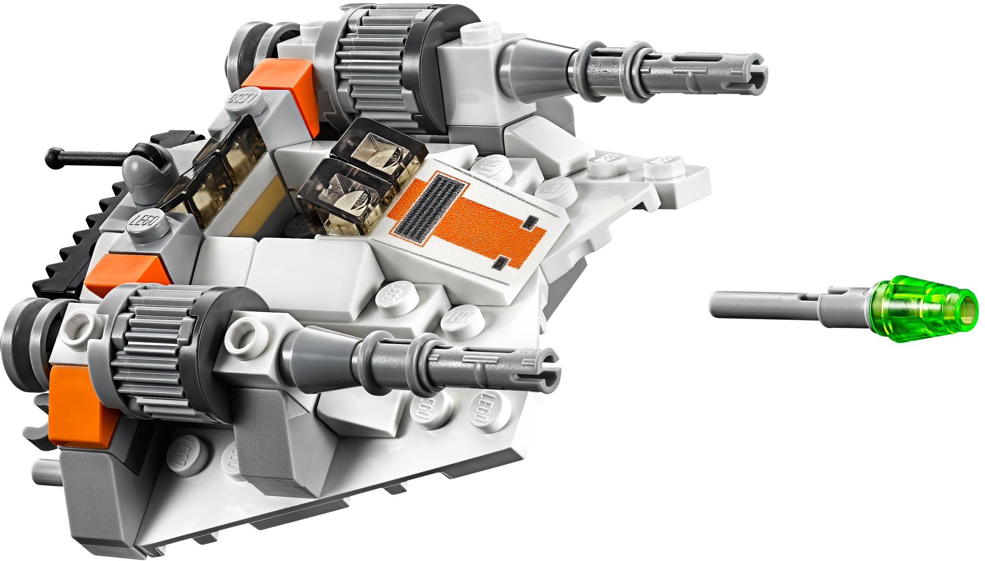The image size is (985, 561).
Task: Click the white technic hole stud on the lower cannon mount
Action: coord(244,336)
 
